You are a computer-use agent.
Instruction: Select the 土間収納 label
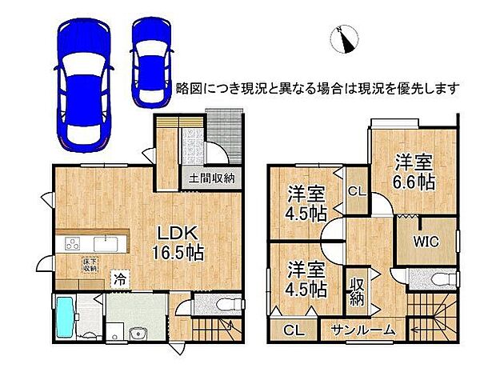[211, 178]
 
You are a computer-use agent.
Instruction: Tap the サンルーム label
[365, 329]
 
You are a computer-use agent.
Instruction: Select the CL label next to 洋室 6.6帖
[356, 192]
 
